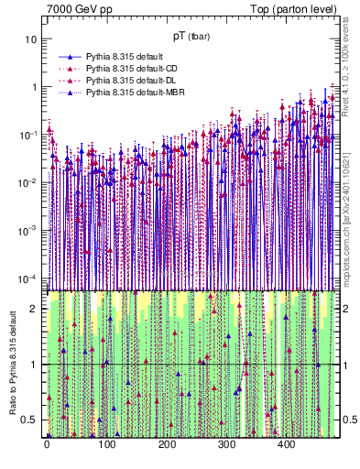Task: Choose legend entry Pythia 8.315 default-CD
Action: click(134, 69)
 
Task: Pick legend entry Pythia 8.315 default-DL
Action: click(134, 81)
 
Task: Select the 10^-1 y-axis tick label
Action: click(29, 136)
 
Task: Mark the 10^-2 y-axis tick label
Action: click(29, 183)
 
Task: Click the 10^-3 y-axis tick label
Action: click(29, 231)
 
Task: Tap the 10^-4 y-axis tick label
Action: click(29, 278)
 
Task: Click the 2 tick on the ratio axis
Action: click(35, 309)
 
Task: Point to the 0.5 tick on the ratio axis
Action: click(31, 420)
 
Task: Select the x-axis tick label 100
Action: click(106, 445)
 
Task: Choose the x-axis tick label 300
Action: click(226, 445)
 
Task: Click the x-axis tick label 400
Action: click(286, 445)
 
